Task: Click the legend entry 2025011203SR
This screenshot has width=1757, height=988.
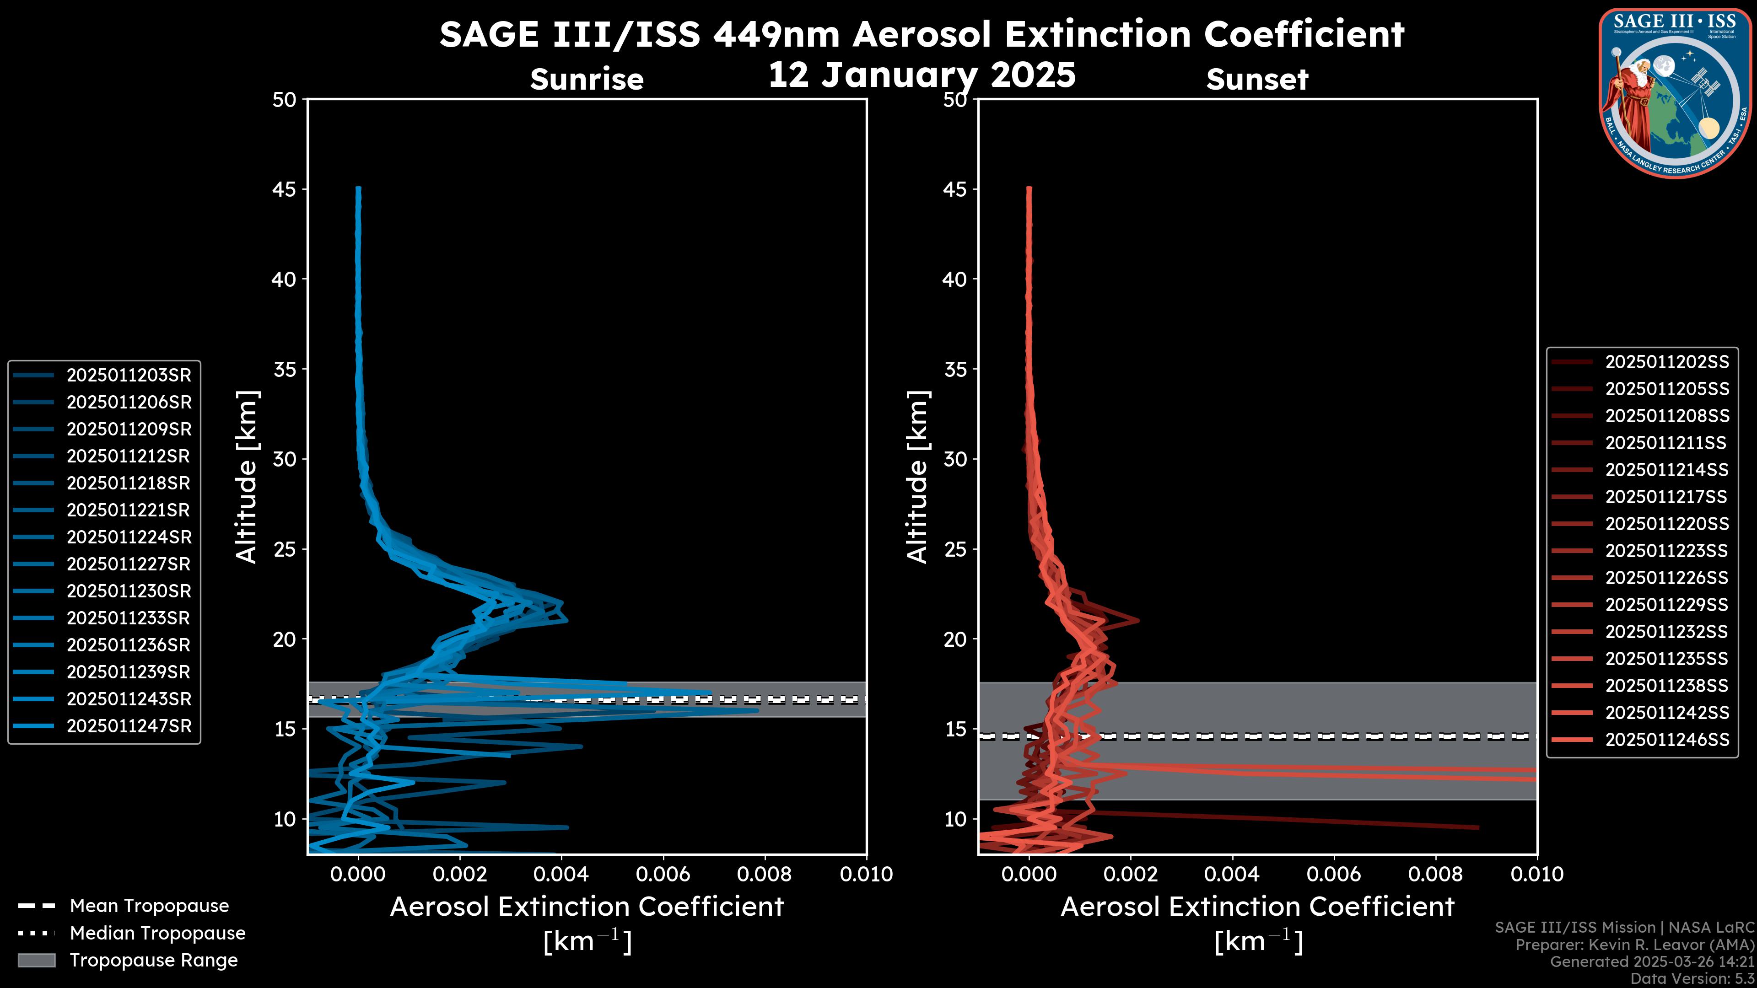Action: tap(128, 375)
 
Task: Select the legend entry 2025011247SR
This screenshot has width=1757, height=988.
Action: tap(128, 726)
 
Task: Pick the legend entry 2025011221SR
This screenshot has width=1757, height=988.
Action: tap(128, 510)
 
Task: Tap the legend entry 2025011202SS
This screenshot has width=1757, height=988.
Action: tap(1667, 362)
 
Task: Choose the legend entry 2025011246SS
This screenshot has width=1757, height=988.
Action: tap(1667, 740)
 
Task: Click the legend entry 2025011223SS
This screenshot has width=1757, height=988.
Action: tap(1667, 551)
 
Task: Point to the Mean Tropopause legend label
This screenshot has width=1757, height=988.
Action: tap(149, 906)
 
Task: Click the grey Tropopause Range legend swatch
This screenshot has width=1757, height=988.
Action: tap(37, 960)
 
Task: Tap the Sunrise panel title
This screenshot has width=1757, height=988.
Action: tap(587, 80)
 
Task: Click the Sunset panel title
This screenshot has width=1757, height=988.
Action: tap(1257, 80)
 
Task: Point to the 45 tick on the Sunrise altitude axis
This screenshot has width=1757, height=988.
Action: tap(285, 189)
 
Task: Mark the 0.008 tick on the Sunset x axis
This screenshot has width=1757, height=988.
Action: tap(1436, 874)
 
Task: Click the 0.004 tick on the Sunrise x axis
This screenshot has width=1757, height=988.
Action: tap(561, 874)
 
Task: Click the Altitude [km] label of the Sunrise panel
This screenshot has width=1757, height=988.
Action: tap(247, 477)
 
